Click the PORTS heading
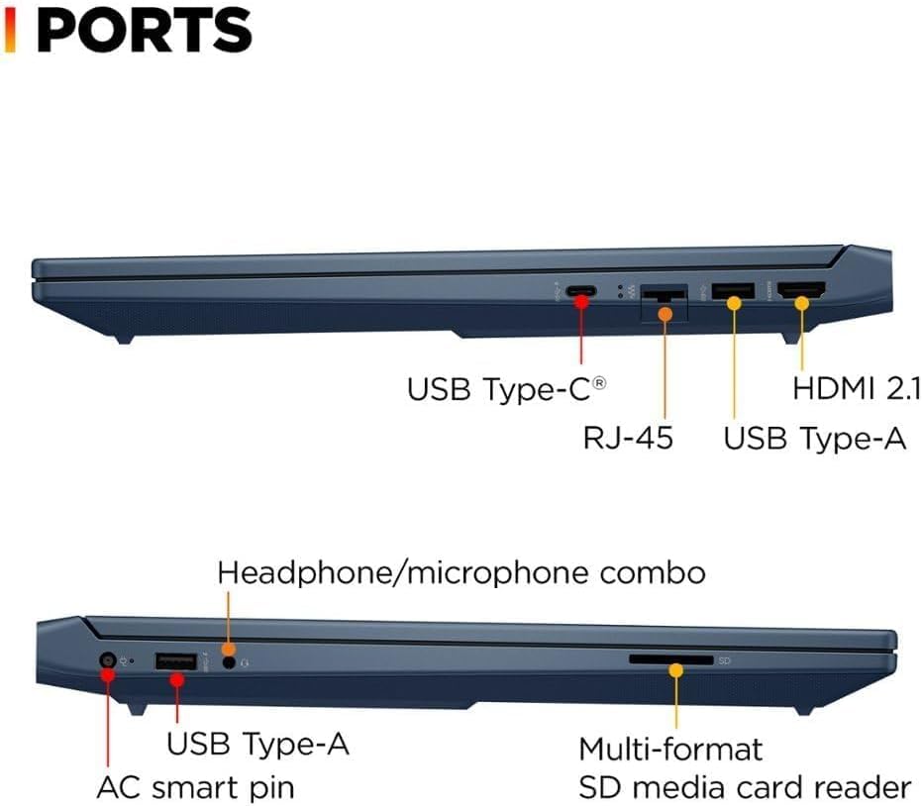pyautogui.click(x=144, y=30)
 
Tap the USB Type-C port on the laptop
pyautogui.click(x=580, y=292)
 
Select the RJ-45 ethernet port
pyautogui.click(x=664, y=295)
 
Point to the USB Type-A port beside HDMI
pyautogui.click(x=734, y=291)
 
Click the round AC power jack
pyautogui.click(x=107, y=660)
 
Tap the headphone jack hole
pyautogui.click(x=230, y=661)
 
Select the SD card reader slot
pyautogui.click(x=670, y=658)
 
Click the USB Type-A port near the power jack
pyautogui.click(x=177, y=660)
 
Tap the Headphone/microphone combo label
pyautogui.click(x=461, y=572)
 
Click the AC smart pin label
pyautogui.click(x=195, y=788)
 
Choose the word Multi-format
pyautogui.click(x=670, y=748)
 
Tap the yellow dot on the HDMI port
pyautogui.click(x=801, y=302)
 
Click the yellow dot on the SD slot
pyautogui.click(x=676, y=670)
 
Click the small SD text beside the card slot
pyautogui.click(x=724, y=659)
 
